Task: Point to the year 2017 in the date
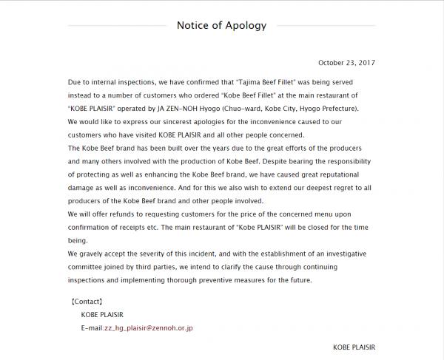coord(366,63)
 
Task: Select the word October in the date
coord(331,63)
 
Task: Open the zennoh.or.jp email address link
coord(148,327)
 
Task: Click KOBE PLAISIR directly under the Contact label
coord(104,314)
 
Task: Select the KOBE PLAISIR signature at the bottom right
coord(354,346)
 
